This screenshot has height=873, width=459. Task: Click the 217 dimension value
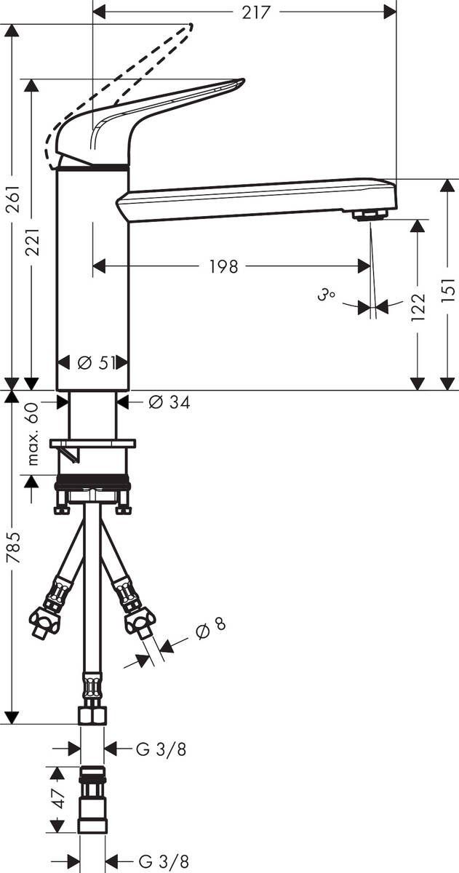pyautogui.click(x=255, y=12)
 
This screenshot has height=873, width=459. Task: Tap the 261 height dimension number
pyautogui.click(x=14, y=199)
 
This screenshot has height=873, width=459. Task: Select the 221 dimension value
pyautogui.click(x=33, y=242)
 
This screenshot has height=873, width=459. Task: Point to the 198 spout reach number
pyautogui.click(x=223, y=266)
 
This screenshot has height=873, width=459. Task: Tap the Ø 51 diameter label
pyautogui.click(x=97, y=363)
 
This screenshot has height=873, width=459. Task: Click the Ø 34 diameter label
pyautogui.click(x=169, y=402)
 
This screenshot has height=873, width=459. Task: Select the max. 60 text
pyautogui.click(x=33, y=434)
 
